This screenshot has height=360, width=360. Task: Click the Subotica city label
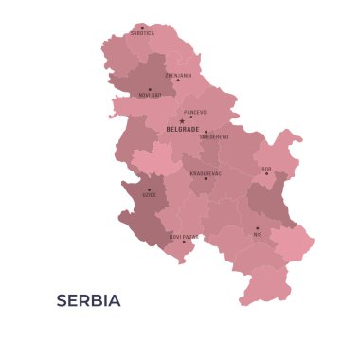[142, 33]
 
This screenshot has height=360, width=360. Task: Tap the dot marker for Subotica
[142, 27]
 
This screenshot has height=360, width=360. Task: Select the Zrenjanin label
[178, 75]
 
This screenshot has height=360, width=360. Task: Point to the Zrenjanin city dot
[177, 81]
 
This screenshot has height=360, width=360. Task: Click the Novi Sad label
[150, 95]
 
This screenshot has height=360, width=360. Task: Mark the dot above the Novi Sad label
[149, 89]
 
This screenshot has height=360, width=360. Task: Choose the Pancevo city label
[195, 112]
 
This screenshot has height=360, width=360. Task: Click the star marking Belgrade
[182, 121]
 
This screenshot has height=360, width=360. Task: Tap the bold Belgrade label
[182, 129]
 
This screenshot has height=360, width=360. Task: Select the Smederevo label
[214, 136]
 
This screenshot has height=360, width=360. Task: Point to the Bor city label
[266, 169]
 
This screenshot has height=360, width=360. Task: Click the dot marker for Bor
[266, 173]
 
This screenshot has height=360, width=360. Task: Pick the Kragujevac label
[206, 173]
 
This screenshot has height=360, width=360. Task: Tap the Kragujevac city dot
[206, 179]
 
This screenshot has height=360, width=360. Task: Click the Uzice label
[150, 195]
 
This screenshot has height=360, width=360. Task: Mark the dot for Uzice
[149, 189]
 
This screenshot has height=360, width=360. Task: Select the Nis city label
[257, 234]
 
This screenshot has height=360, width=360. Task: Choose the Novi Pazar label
[184, 237]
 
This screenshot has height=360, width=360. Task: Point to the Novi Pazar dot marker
[184, 243]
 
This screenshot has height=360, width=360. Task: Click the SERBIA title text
[88, 301]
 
